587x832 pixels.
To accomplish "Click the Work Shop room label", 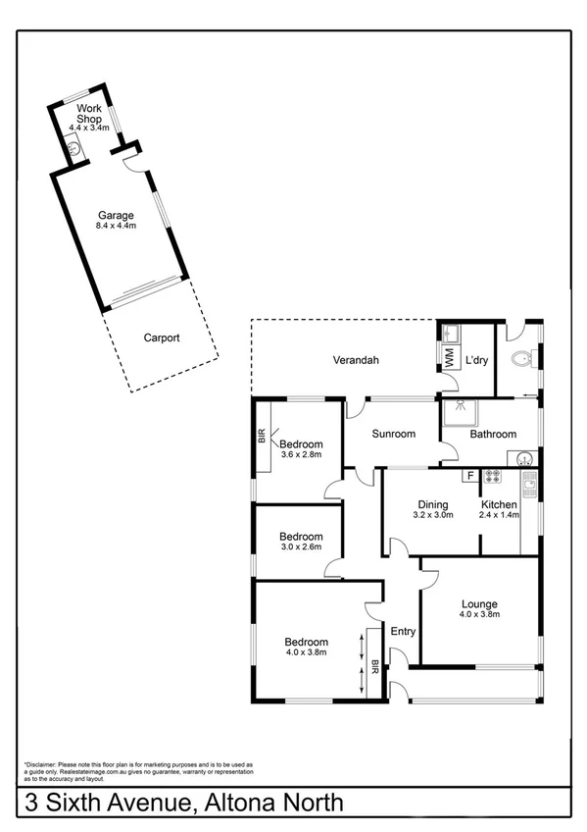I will click(x=90, y=114).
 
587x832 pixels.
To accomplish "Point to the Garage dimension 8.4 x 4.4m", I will click(x=116, y=227).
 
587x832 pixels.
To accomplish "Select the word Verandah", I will click(x=355, y=361).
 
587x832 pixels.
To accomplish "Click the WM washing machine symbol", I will click(x=449, y=359).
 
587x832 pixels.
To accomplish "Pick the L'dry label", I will click(x=477, y=361).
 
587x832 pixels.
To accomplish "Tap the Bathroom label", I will click(x=493, y=434).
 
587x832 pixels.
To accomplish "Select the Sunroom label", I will click(x=393, y=434).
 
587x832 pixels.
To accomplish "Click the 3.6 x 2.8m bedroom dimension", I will click(x=301, y=454).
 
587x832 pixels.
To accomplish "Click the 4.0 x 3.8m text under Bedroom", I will click(x=305, y=650).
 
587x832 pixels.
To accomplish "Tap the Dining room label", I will click(x=431, y=503).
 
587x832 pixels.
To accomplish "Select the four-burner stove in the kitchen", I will click(x=493, y=478).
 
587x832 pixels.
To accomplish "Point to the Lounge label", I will click(x=480, y=604).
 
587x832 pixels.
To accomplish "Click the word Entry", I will click(x=403, y=631).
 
